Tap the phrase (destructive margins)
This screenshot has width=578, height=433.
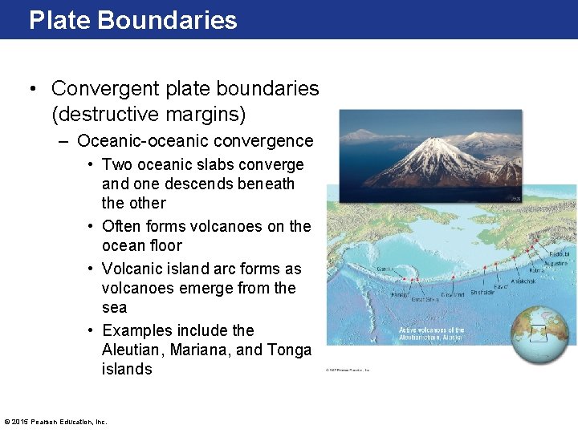(148, 115)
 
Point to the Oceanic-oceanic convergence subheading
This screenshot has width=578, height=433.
(195, 141)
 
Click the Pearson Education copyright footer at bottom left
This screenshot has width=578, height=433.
(55, 421)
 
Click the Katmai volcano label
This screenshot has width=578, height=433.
(536, 271)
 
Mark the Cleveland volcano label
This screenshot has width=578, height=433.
(452, 294)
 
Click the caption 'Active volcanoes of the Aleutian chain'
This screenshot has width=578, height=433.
(432, 334)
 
